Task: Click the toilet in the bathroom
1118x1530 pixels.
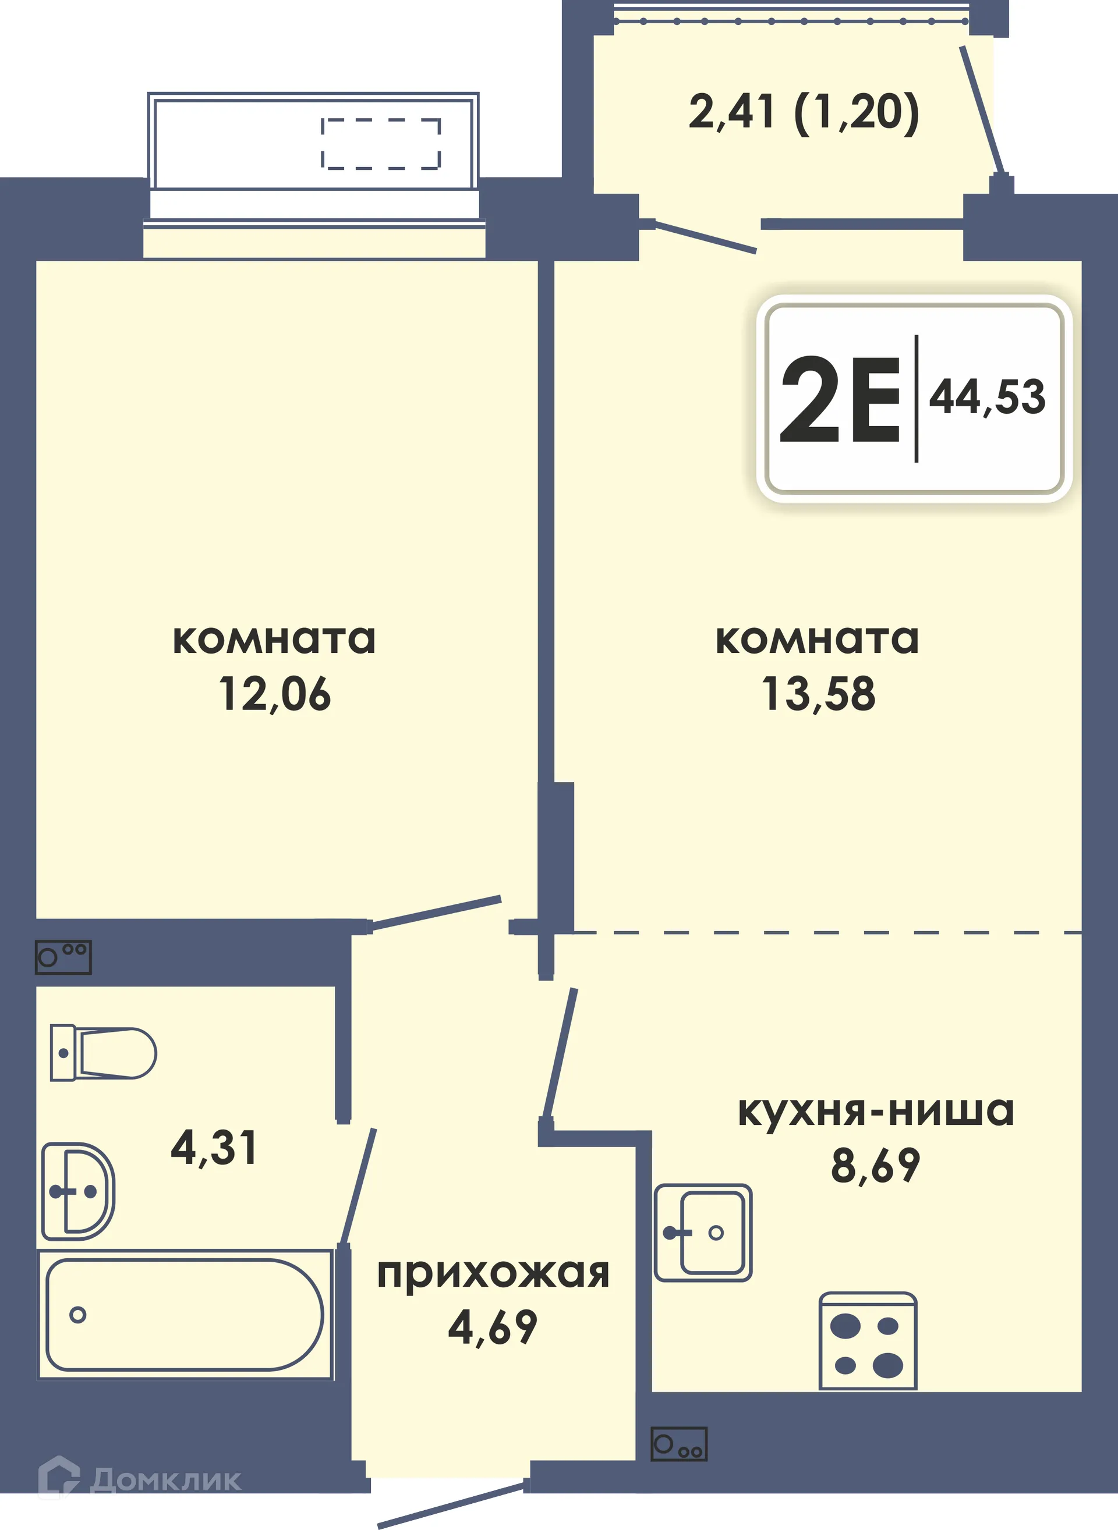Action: (x=103, y=1053)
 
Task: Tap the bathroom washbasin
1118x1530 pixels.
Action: (x=78, y=1192)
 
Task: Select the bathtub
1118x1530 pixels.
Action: (x=184, y=1314)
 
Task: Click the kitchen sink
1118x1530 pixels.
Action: (x=703, y=1233)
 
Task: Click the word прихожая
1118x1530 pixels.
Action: (x=493, y=1274)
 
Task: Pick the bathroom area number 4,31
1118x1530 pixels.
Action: (x=214, y=1148)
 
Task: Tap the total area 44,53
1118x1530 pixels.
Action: (x=987, y=397)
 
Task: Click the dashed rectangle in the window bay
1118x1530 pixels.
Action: (x=381, y=143)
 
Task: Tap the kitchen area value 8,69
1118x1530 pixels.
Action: (x=876, y=1166)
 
